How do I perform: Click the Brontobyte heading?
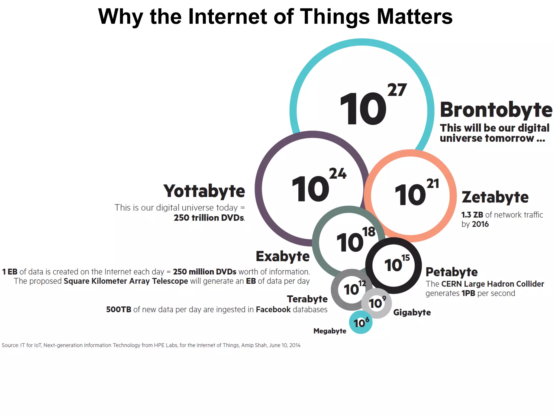[496, 110]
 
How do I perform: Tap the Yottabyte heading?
[204, 191]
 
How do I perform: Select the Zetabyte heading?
[495, 197]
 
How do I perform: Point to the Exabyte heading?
[283, 256]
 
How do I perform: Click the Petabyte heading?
[451, 272]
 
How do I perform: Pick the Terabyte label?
[307, 299]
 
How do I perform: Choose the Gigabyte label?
[412, 312]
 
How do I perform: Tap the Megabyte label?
[330, 331]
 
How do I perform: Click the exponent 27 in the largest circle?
[397, 90]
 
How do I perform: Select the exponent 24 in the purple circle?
[338, 174]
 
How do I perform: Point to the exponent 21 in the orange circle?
[433, 184]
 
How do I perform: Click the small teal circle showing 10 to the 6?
[361, 322]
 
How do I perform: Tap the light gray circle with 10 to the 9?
[377, 303]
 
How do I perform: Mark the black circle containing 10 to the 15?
[393, 265]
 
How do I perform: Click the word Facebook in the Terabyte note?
[273, 309]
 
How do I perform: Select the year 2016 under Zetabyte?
[480, 224]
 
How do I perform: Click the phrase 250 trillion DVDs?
[209, 218]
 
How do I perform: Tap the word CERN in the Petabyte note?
[451, 284]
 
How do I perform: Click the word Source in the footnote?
[10, 345]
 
